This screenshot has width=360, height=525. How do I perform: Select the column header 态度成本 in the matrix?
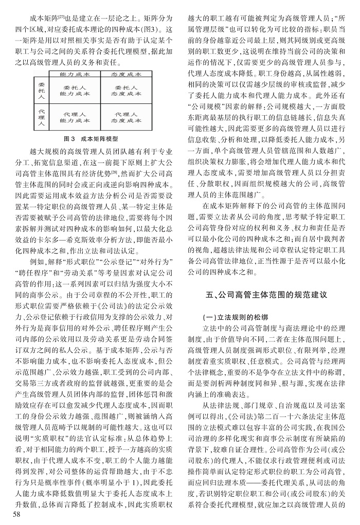point(126,75)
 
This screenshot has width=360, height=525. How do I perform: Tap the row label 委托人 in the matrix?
point(42,90)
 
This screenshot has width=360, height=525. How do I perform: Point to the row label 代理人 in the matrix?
point(42,117)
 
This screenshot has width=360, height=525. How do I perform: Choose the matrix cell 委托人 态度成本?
point(126,90)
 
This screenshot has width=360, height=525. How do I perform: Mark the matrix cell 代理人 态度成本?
point(126,117)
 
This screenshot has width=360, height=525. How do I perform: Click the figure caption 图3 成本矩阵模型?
point(90,139)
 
